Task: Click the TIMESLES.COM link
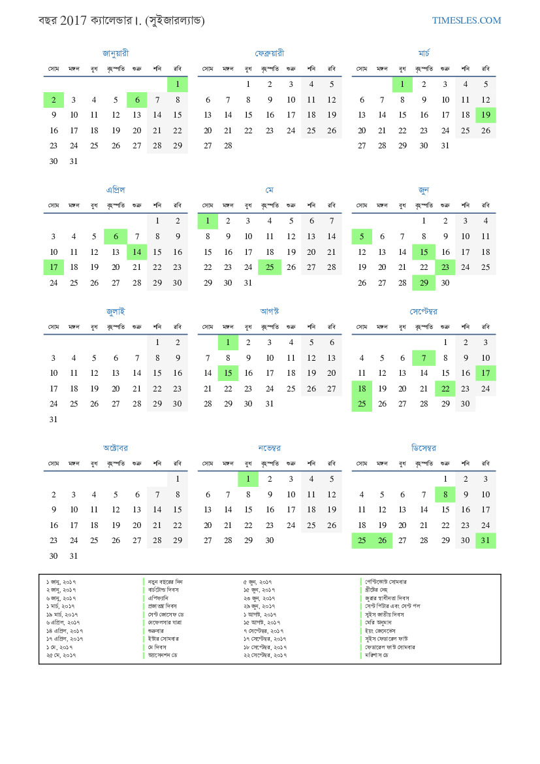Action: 466,20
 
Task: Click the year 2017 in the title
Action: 72,20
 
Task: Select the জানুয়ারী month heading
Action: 116,53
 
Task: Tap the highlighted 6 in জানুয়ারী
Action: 137,100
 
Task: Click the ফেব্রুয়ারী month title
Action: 270,53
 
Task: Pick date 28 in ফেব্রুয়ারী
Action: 228,146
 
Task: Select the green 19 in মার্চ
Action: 486,115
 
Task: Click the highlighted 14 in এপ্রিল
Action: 137,252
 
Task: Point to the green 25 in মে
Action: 270,267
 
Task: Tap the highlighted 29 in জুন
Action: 424,282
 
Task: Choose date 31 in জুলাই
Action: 54,420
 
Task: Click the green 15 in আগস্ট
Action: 228,373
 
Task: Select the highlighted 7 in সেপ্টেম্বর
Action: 424,357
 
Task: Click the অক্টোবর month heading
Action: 116,448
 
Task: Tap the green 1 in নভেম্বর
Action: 248,479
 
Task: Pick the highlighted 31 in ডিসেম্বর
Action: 486,540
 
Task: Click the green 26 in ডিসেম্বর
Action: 383,540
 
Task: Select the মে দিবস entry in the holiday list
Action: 160,646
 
